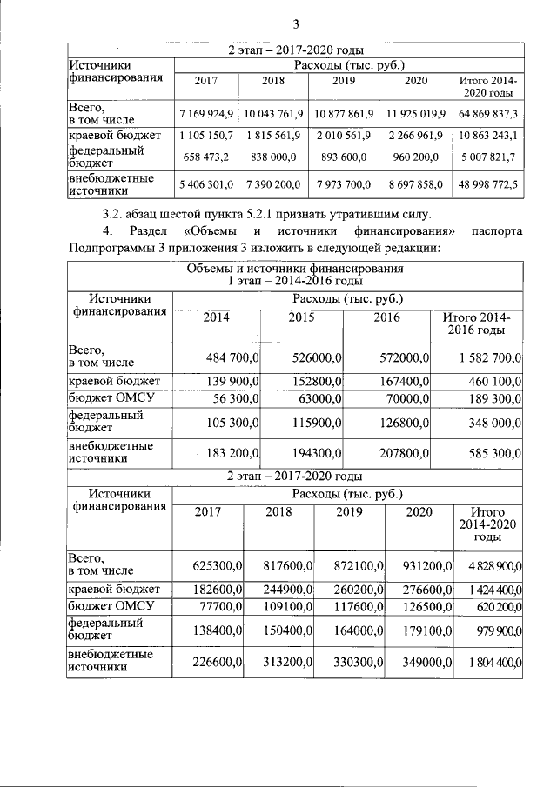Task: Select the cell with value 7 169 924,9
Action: click(x=206, y=114)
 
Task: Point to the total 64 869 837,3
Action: click(x=488, y=114)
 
